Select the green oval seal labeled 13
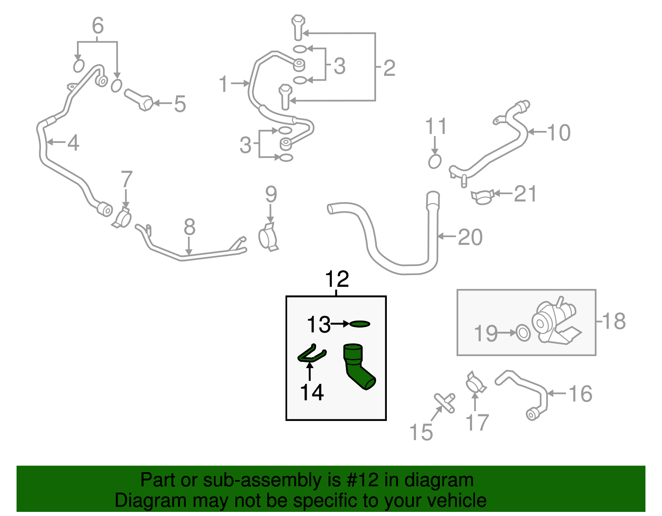(360, 324)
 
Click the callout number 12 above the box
(337, 279)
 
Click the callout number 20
(470, 237)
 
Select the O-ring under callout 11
(434, 161)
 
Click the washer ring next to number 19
(523, 333)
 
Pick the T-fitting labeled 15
(445, 402)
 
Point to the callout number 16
(580, 394)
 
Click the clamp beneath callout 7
(122, 218)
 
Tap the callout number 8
(189, 227)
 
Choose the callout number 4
(73, 143)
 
